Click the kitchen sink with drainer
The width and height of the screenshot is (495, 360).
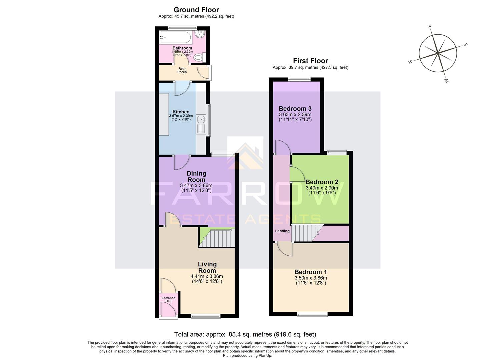click(201, 124)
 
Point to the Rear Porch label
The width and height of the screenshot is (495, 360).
click(182, 70)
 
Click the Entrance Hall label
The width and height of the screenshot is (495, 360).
click(168, 300)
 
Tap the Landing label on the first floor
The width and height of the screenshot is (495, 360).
click(282, 231)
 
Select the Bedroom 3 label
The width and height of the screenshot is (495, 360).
click(295, 109)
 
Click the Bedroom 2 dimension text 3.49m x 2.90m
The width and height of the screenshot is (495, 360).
click(322, 188)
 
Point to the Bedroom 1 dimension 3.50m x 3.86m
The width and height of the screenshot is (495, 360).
click(311, 278)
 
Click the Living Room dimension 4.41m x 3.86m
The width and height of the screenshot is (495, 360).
click(207, 276)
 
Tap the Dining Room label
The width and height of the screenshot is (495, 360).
click(196, 176)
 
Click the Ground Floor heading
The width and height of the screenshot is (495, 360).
click(196, 10)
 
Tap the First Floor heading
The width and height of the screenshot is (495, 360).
click(310, 61)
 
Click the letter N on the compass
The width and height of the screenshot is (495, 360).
click(410, 61)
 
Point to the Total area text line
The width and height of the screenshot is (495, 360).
click(245, 334)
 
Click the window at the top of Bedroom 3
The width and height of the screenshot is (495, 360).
click(299, 79)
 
